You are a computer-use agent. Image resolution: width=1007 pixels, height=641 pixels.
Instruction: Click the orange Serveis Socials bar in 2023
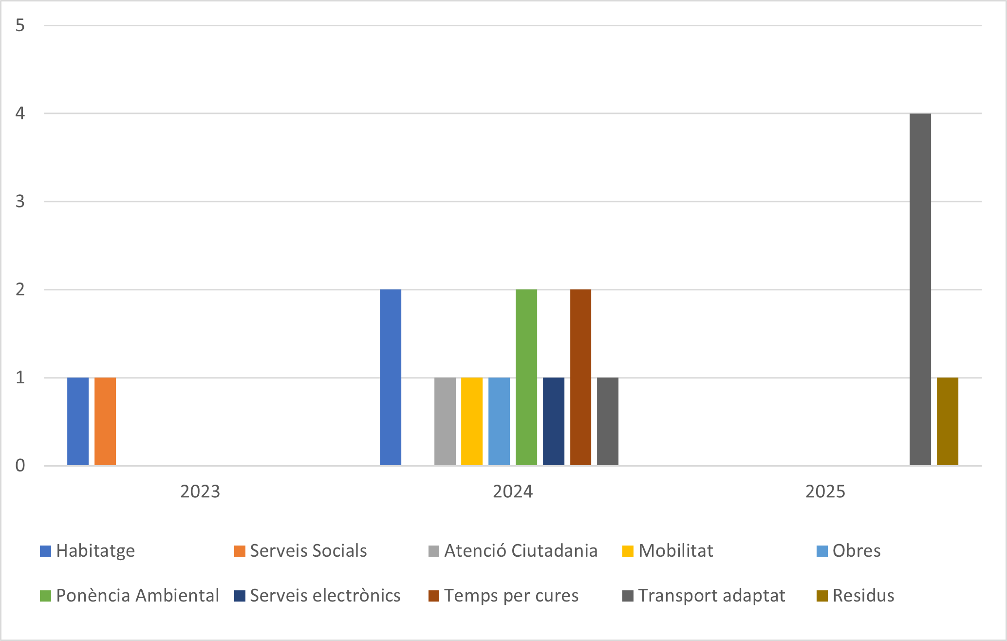(x=105, y=421)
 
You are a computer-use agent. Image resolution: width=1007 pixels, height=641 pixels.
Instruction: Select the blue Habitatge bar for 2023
(x=78, y=421)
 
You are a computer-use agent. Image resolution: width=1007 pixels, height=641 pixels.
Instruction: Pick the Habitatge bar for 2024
(x=391, y=377)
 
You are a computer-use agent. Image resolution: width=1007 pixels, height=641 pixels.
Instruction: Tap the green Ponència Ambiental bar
(x=526, y=377)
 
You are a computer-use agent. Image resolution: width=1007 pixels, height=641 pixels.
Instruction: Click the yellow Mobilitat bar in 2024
(x=472, y=421)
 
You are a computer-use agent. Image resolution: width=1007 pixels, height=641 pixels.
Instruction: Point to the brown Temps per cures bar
(x=580, y=377)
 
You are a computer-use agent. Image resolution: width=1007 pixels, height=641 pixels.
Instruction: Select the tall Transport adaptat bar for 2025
(x=920, y=290)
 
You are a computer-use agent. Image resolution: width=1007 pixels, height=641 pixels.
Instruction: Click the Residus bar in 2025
(x=948, y=421)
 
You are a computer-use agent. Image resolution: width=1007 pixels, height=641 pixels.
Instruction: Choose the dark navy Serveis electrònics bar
(x=554, y=421)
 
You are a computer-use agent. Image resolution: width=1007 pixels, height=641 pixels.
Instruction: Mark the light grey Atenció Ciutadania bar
(x=445, y=421)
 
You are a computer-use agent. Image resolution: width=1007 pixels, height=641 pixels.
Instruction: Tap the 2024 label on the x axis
(x=513, y=491)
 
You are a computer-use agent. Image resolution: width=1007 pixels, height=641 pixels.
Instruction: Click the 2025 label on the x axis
(x=825, y=491)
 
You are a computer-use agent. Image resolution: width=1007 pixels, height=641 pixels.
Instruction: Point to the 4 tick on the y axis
(x=20, y=113)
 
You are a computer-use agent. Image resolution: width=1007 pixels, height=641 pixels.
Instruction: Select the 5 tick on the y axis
(x=20, y=25)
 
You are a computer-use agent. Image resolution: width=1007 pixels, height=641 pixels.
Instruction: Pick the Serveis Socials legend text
(x=308, y=551)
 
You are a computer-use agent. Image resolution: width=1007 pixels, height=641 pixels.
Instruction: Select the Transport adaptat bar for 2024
(x=608, y=421)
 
